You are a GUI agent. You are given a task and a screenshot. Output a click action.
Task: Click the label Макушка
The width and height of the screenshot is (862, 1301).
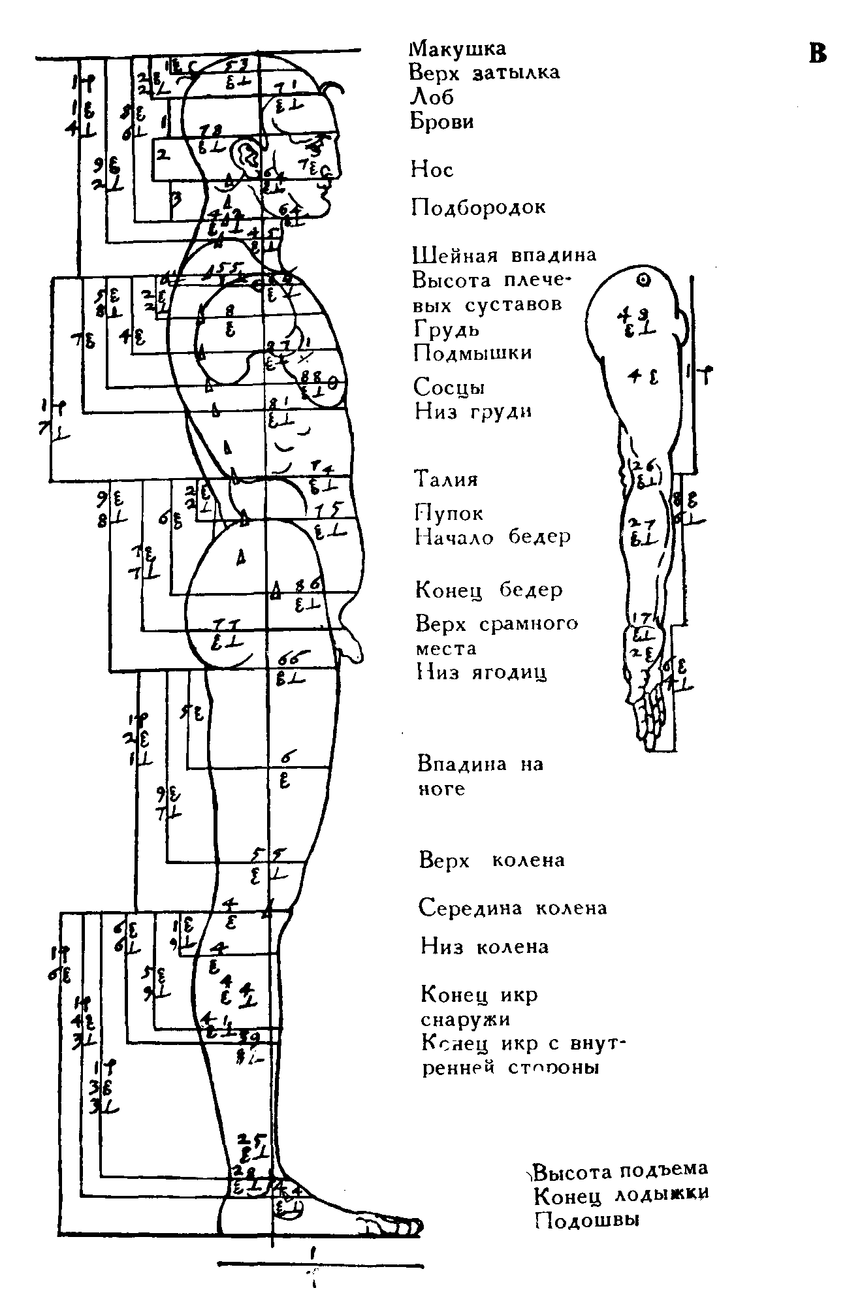457,49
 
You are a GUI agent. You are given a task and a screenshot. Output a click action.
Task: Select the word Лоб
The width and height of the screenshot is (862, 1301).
431,97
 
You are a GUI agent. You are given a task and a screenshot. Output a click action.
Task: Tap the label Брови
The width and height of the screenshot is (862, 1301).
441,121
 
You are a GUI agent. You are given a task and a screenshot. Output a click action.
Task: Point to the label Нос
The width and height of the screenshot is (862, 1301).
432,170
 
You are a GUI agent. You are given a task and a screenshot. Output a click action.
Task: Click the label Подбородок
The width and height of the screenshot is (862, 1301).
478,208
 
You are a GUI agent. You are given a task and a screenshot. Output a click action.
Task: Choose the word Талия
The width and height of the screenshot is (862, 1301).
447,479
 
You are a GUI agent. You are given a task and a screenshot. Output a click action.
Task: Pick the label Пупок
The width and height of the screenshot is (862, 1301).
449,513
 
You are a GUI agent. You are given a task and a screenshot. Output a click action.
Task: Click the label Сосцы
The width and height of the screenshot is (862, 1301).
449,387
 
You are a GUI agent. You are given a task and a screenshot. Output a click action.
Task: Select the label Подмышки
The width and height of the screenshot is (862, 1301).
473,353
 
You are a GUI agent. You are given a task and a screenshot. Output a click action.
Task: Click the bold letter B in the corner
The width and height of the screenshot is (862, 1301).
818,54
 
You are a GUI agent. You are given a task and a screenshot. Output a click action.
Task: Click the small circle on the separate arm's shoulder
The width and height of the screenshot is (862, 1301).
644,281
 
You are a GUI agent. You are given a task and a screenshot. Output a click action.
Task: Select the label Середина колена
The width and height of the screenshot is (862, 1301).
513,908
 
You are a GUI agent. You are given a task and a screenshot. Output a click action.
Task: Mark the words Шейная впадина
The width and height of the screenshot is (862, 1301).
504,255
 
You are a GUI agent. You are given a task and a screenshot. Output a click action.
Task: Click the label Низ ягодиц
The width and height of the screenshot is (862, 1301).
481,673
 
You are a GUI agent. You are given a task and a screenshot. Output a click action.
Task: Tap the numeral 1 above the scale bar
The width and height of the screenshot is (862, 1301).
314,1253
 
